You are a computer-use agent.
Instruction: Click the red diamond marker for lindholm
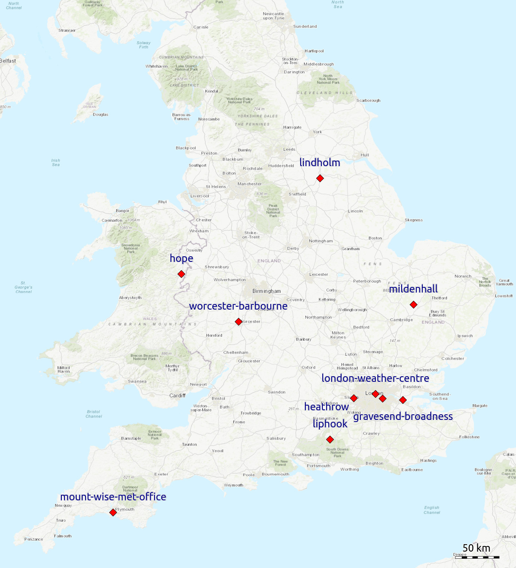[x=320, y=178]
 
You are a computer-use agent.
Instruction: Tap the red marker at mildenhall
[x=413, y=305]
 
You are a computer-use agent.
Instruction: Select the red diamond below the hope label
[x=181, y=274]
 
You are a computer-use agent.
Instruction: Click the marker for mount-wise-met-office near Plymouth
[x=113, y=512]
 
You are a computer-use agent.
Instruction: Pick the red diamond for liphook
[x=330, y=440]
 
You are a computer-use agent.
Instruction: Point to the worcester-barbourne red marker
[x=239, y=322]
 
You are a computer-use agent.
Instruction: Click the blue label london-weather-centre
[x=375, y=378]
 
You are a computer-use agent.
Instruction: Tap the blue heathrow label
[x=326, y=406]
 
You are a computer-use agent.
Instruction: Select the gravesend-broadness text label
[x=403, y=416]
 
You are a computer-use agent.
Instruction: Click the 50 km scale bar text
[x=476, y=548]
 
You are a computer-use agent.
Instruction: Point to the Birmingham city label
[x=266, y=291]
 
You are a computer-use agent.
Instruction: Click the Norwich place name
[x=463, y=276]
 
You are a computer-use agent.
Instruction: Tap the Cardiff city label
[x=177, y=396]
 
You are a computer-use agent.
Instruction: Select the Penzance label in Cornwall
[x=34, y=539]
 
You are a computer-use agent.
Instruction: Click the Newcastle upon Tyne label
[x=273, y=16]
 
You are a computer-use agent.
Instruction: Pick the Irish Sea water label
[x=56, y=163]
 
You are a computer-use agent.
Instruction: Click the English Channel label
[x=432, y=510]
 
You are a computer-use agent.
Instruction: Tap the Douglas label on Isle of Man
[x=100, y=115]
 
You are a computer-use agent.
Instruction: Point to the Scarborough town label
[x=368, y=100]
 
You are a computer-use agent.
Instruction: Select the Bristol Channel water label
[x=94, y=414]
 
